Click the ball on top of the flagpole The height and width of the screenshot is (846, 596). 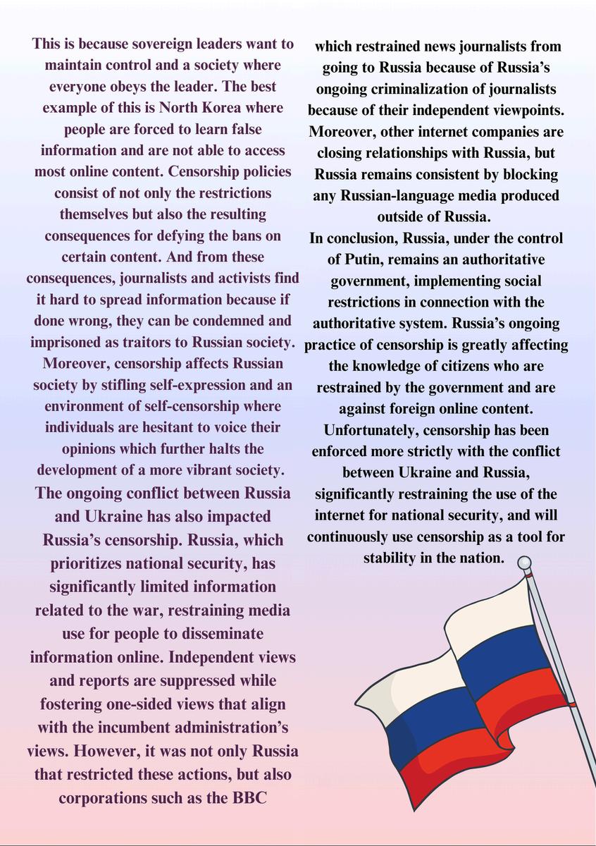[x=524, y=562]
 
